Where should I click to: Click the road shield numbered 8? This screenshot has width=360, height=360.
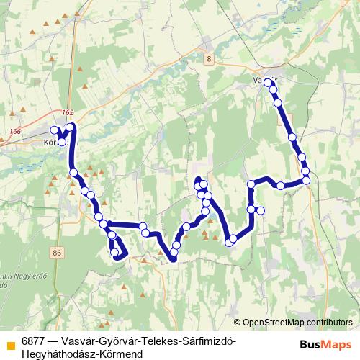click(209, 58)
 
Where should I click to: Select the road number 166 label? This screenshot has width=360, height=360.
click(17, 131)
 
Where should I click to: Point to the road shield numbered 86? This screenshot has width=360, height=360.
click(58, 252)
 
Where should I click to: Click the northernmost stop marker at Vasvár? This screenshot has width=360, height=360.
click(268, 82)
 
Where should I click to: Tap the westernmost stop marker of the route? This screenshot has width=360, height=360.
click(54, 130)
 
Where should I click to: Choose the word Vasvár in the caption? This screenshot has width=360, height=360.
click(78, 340)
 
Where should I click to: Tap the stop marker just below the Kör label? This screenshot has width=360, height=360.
click(62, 142)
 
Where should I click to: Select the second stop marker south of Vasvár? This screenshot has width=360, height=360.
click(278, 104)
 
